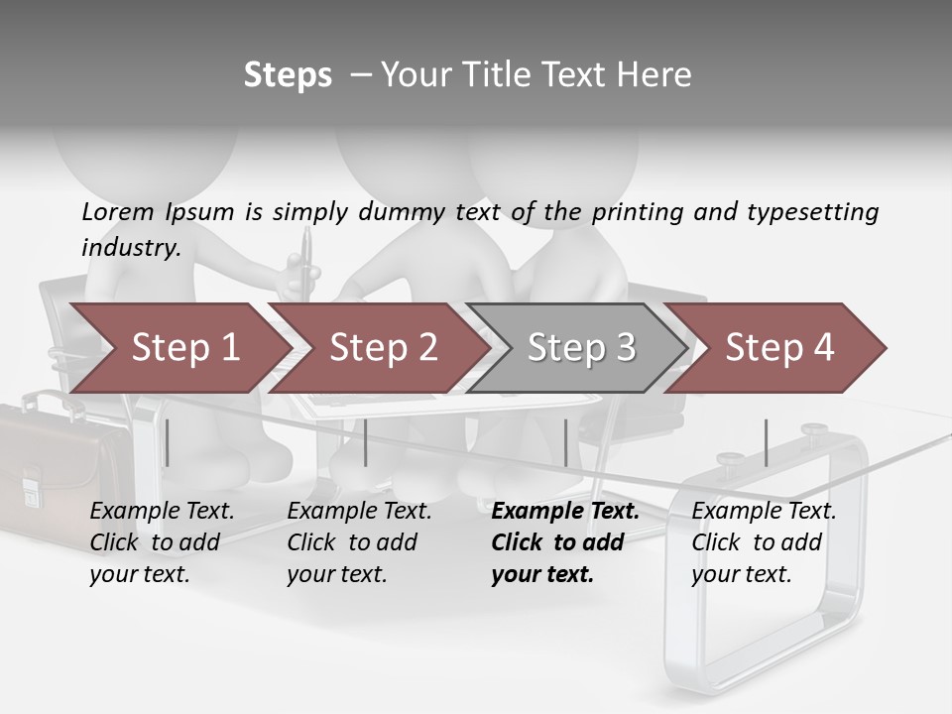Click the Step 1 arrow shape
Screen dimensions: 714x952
(x=178, y=347)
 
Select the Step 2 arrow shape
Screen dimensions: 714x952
(x=381, y=347)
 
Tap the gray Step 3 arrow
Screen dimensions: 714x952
(x=579, y=347)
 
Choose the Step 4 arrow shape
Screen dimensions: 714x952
(x=777, y=347)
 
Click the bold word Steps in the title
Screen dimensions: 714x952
(x=288, y=75)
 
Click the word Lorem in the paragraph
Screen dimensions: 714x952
(x=118, y=211)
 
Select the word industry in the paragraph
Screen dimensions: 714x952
(x=130, y=247)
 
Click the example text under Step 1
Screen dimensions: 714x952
(x=162, y=542)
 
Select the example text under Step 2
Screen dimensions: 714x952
(x=359, y=542)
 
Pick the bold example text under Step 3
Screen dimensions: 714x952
(x=565, y=542)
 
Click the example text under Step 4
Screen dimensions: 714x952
(x=764, y=542)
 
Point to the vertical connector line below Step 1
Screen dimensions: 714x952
(x=167, y=442)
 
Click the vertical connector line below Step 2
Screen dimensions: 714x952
(x=366, y=442)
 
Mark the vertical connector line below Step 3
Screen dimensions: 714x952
(x=565, y=442)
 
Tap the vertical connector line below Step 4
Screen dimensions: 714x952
(x=766, y=442)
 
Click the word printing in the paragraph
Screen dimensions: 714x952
(x=635, y=211)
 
